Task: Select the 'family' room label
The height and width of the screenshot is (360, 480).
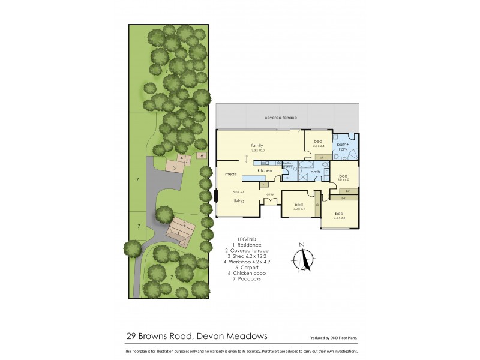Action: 257,145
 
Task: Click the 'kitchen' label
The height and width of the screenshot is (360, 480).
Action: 265,171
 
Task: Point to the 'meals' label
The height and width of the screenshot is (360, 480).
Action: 231,174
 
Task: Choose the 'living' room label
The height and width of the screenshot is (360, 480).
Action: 239,201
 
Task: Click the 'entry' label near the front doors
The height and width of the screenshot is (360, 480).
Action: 270,194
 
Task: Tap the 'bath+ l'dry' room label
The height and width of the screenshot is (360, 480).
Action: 343,146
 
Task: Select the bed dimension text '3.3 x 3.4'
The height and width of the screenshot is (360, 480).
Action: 318,146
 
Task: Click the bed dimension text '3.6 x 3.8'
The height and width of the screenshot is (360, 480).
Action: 339,218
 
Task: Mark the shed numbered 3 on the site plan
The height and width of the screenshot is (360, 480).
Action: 174,168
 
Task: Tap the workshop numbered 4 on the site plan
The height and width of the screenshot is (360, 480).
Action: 181,158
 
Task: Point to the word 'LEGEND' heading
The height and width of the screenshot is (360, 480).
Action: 247,238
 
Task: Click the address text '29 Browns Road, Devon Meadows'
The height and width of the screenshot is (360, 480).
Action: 196,337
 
